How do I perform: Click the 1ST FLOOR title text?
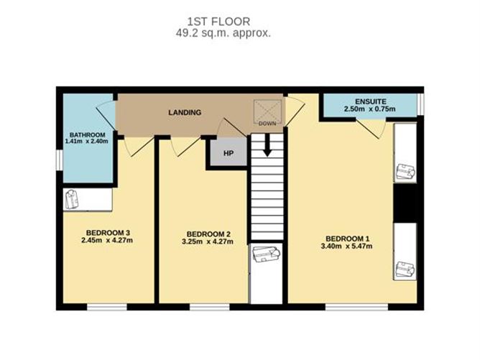[218, 22]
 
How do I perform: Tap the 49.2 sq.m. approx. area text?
[223, 33]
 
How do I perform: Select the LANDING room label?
[185, 112]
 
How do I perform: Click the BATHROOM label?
[87, 134]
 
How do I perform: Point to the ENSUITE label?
[370, 101]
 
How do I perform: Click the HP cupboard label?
[229, 153]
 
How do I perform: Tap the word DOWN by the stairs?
[267, 124]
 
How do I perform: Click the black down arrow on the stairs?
[267, 145]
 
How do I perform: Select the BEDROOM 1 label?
[348, 239]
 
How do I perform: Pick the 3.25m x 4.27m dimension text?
[208, 241]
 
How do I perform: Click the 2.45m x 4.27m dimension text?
[107, 240]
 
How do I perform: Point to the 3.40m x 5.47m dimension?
[346, 246]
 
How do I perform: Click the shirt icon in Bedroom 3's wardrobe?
[72, 199]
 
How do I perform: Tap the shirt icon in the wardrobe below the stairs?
[267, 254]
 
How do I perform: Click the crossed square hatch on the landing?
[267, 112]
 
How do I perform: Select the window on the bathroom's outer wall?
[60, 160]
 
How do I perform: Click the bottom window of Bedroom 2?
[209, 307]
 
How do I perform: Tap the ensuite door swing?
[370, 129]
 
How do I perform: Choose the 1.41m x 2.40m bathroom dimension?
[87, 142]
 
